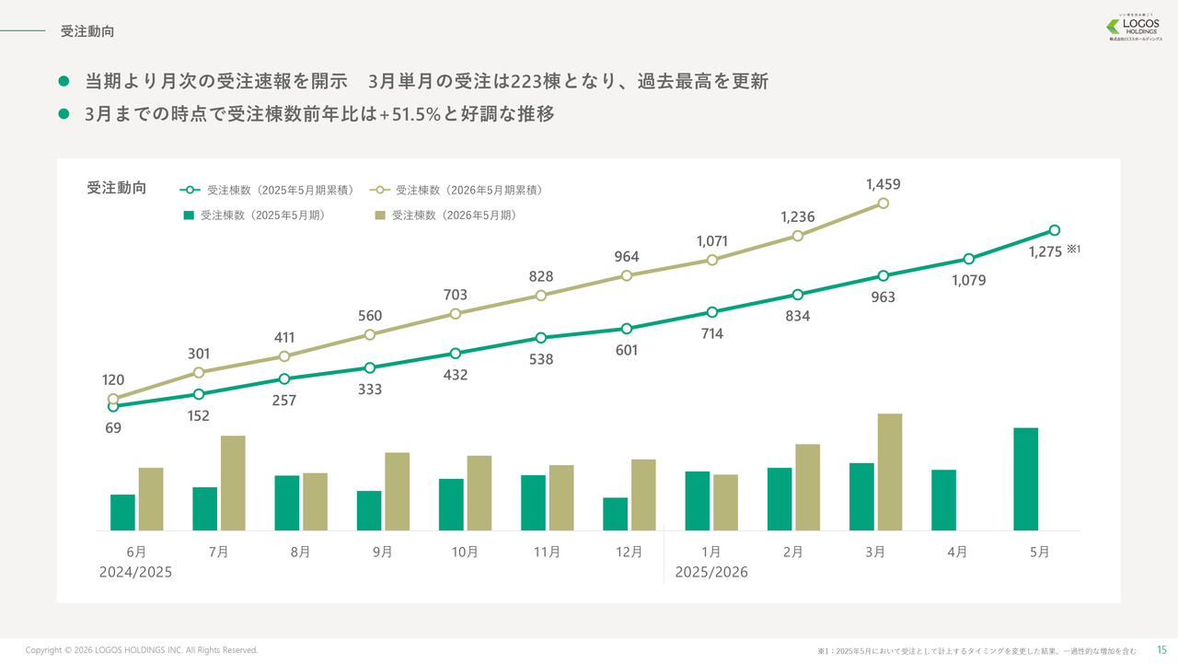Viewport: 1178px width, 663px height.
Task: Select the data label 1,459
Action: click(x=883, y=185)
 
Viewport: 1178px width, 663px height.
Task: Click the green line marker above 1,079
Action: click(x=969, y=259)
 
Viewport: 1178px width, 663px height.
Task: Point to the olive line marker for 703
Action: click(x=456, y=314)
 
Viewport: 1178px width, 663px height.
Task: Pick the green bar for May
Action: click(x=1025, y=479)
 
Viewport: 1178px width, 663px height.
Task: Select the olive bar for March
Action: click(x=890, y=471)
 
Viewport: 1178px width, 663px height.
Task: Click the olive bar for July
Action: click(x=233, y=483)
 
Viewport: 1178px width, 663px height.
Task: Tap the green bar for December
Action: click(x=616, y=514)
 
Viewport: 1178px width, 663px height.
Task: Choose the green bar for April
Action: click(x=943, y=500)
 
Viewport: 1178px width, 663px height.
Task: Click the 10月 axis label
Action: click(x=465, y=552)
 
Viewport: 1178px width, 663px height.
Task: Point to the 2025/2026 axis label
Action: click(x=711, y=573)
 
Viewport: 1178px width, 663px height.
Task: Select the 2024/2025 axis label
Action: click(x=135, y=573)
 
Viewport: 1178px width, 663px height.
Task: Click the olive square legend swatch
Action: click(x=379, y=215)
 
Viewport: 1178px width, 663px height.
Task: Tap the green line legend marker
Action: click(x=190, y=191)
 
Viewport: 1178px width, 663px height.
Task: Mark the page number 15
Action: click(x=1161, y=650)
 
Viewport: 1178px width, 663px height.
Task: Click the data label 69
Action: click(x=113, y=428)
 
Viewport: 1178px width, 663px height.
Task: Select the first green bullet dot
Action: click(x=64, y=82)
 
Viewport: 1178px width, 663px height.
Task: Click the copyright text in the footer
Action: click(x=142, y=650)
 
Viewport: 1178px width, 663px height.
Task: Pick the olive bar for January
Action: click(x=725, y=502)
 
